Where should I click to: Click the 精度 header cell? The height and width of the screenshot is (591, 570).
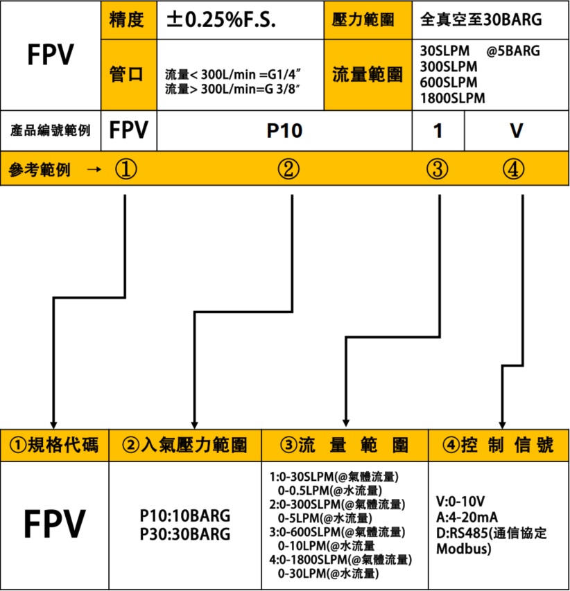pyautogui.click(x=129, y=20)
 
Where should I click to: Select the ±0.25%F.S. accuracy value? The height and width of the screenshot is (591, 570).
pyautogui.click(x=221, y=20)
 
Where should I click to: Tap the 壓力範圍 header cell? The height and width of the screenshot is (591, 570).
pyautogui.click(x=368, y=20)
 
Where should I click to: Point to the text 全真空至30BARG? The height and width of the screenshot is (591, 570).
pyautogui.click(x=481, y=19)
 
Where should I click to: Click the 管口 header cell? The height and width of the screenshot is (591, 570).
pyautogui.click(x=129, y=75)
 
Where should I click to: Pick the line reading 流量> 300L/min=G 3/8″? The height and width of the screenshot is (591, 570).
pyautogui.click(x=232, y=89)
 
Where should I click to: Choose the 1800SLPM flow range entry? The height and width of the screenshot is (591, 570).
pyautogui.click(x=452, y=98)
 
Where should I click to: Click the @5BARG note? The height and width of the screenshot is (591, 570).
pyautogui.click(x=513, y=51)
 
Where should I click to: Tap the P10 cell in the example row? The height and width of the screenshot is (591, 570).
pyautogui.click(x=284, y=131)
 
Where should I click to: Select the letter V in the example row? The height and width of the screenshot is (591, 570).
pyautogui.click(x=517, y=131)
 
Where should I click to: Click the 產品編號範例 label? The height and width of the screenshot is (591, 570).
pyautogui.click(x=50, y=130)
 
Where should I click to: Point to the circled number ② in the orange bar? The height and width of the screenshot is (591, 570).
pyautogui.click(x=288, y=168)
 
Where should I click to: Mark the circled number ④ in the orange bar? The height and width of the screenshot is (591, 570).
pyautogui.click(x=513, y=168)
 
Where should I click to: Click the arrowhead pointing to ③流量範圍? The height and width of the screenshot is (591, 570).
pyautogui.click(x=345, y=423)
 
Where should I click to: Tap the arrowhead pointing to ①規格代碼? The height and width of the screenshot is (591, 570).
pyautogui.click(x=53, y=424)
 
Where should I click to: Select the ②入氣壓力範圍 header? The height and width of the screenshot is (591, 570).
pyautogui.click(x=185, y=445)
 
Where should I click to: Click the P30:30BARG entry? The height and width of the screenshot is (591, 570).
pyautogui.click(x=185, y=534)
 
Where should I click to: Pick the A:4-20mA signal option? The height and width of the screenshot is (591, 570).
pyautogui.click(x=467, y=517)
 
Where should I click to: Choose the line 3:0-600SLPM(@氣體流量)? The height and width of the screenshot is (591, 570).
pyautogui.click(x=337, y=532)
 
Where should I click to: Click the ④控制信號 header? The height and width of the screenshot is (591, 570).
pyautogui.click(x=499, y=445)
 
